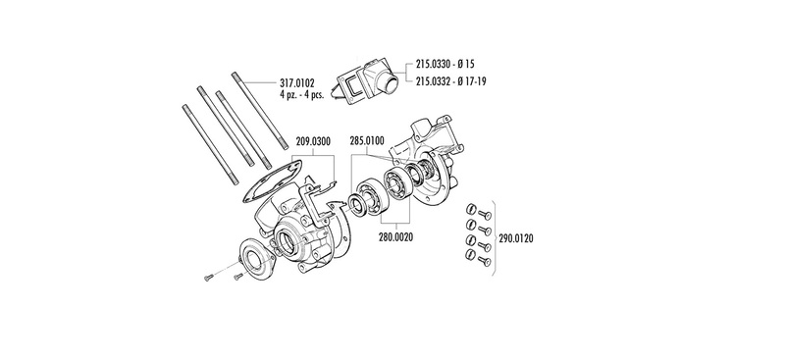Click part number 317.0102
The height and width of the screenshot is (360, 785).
click(x=297, y=83)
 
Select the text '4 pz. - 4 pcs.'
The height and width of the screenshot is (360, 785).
click(x=302, y=94)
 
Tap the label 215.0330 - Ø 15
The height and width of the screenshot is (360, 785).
click(x=445, y=64)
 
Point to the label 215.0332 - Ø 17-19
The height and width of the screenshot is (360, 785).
click(x=451, y=81)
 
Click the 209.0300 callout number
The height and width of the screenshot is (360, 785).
click(x=313, y=141)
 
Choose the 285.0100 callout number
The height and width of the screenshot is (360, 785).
click(x=367, y=141)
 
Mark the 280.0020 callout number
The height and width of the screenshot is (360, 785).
click(x=396, y=236)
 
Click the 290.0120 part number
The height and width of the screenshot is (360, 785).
click(x=516, y=238)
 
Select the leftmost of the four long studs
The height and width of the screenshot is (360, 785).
click(x=210, y=145)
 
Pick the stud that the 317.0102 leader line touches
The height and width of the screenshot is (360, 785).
click(x=260, y=111)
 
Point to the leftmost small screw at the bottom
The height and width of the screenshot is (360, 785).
click(x=209, y=278)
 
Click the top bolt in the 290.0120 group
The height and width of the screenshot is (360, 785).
click(x=485, y=215)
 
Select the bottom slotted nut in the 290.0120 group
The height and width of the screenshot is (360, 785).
click(x=470, y=255)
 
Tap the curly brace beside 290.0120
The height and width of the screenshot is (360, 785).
click(x=493, y=238)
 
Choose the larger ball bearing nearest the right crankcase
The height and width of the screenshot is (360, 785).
click(x=398, y=184)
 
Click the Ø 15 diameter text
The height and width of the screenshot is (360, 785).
click(x=466, y=64)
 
